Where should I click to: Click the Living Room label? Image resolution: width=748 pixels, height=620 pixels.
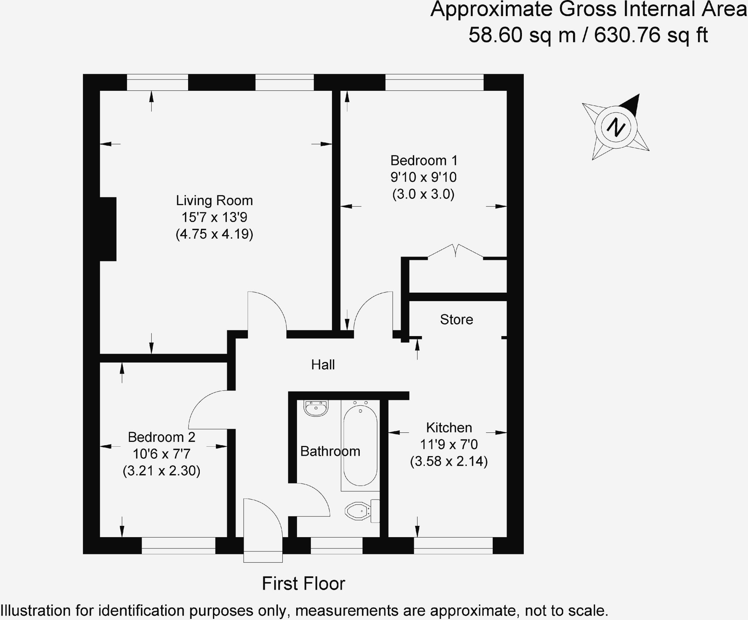(214, 201)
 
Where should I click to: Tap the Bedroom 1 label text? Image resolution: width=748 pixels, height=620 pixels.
(424, 161)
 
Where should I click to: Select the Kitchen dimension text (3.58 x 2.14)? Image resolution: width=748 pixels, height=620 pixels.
(449, 462)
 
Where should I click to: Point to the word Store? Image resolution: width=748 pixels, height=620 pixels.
(457, 320)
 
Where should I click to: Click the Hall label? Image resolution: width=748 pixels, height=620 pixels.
(323, 365)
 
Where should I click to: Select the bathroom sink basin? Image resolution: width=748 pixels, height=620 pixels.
(316, 408)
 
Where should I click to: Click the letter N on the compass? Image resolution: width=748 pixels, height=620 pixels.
(616, 127)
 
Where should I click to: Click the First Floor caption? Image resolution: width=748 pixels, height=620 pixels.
(303, 584)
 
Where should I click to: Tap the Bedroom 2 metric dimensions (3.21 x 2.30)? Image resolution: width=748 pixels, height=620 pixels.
(161, 471)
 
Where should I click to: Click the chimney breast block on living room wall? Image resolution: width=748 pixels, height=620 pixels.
(108, 229)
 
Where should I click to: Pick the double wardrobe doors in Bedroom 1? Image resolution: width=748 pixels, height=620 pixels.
(455, 251)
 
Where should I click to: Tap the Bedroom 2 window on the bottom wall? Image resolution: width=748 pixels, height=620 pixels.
(178, 546)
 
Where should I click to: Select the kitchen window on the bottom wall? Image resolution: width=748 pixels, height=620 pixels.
(453, 546)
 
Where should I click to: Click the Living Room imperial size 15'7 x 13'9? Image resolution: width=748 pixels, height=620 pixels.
(214, 217)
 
